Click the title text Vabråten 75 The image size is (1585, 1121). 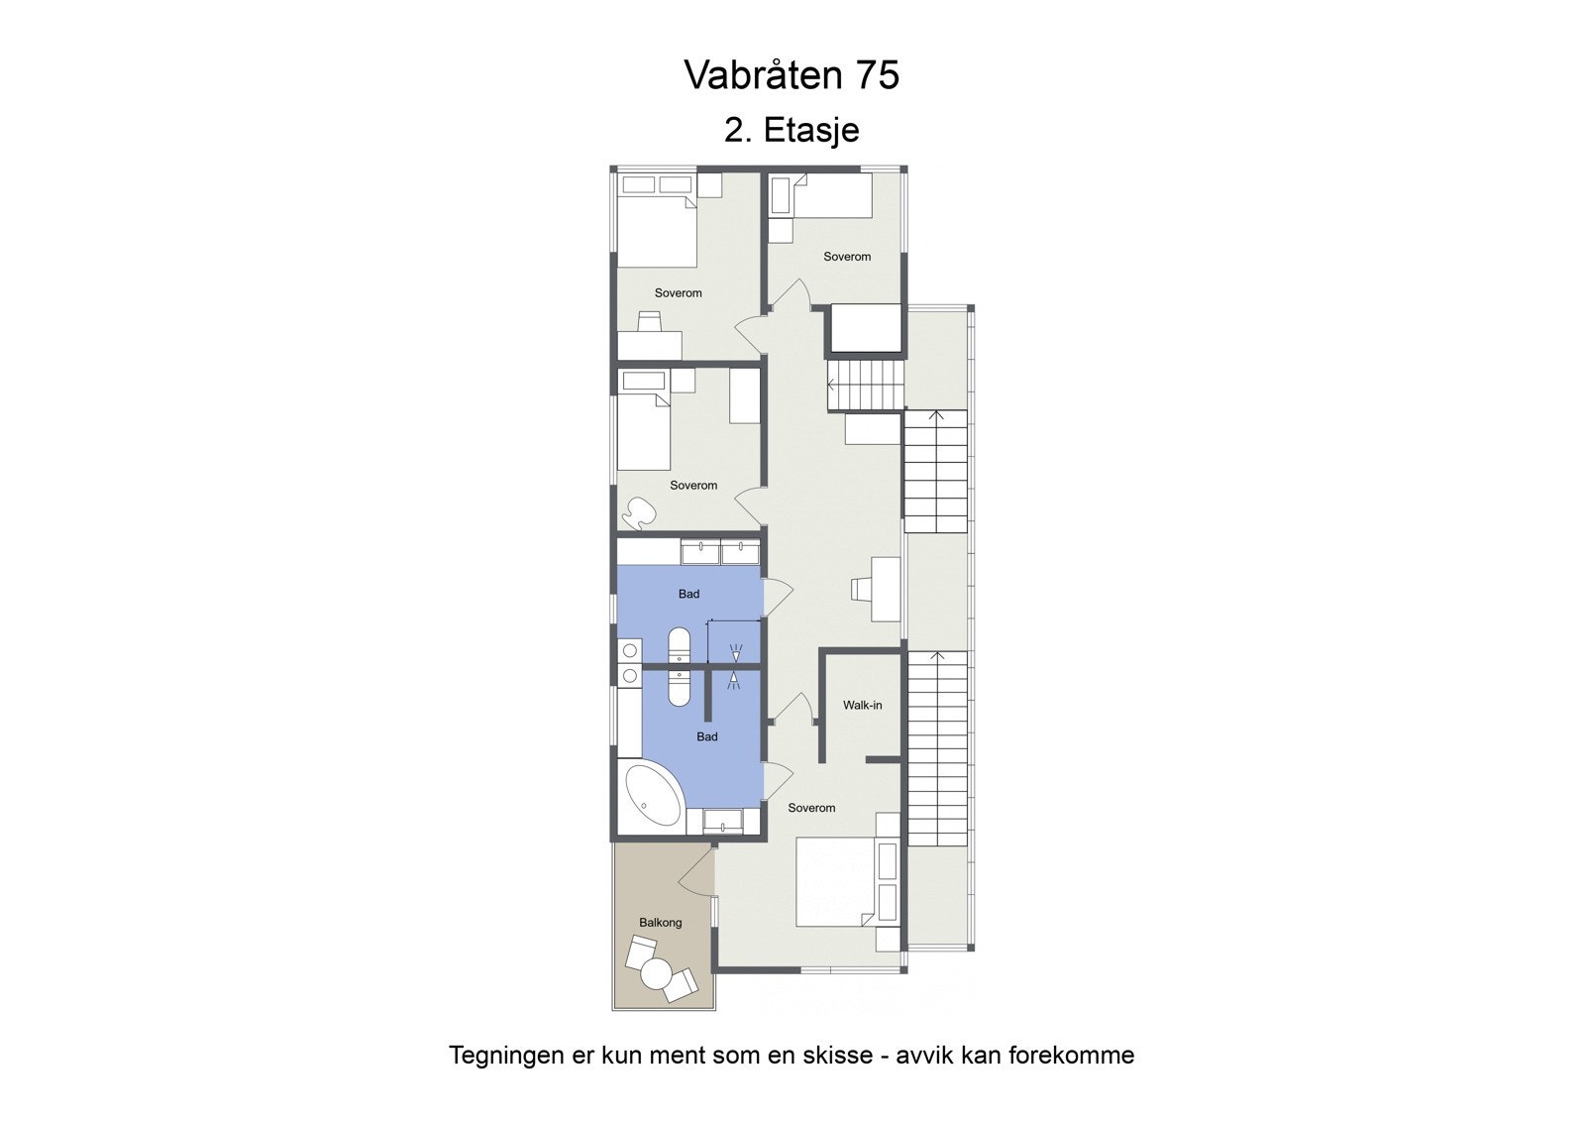pyautogui.click(x=792, y=75)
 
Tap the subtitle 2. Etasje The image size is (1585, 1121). pyautogui.click(x=792, y=130)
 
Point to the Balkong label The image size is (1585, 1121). pyautogui.click(x=660, y=923)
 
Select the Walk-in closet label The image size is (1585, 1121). pyautogui.click(x=862, y=706)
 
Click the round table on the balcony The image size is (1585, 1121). pyautogui.click(x=657, y=973)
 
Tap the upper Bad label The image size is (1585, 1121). pyautogui.click(x=688, y=595)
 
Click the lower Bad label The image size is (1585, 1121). pyautogui.click(x=707, y=737)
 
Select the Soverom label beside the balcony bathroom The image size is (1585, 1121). pyautogui.click(x=811, y=808)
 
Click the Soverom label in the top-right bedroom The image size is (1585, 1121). pyautogui.click(x=847, y=257)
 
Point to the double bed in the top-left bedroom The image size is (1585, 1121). pyautogui.click(x=656, y=230)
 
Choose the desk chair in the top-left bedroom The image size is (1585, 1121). pyautogui.click(x=649, y=321)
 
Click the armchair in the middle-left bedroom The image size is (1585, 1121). pyautogui.click(x=637, y=512)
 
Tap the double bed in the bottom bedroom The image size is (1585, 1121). pyautogui.click(x=837, y=882)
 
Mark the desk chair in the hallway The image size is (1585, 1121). pyautogui.click(x=861, y=588)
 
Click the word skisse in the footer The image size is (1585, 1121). pyautogui.click(x=837, y=1055)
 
